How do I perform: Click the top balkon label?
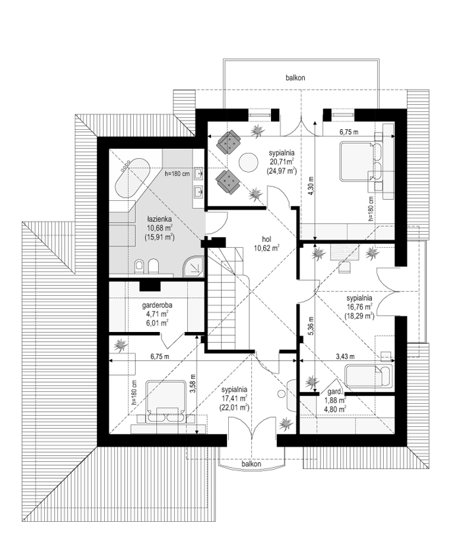(x=295, y=78)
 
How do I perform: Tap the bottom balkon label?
(x=251, y=464)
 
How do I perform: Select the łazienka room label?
(x=159, y=219)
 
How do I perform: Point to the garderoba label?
(x=157, y=305)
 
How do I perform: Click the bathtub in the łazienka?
(x=131, y=179)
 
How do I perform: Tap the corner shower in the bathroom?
(x=193, y=266)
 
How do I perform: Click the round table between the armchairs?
(x=248, y=163)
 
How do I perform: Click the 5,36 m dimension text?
(x=311, y=325)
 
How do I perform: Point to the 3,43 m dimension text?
(x=345, y=356)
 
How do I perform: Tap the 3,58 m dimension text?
(x=193, y=383)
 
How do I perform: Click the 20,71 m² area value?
(x=282, y=161)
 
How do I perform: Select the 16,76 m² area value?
(x=359, y=306)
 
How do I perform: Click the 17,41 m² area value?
(x=234, y=398)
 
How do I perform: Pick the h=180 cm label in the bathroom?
(x=177, y=174)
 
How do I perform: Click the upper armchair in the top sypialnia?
(x=228, y=142)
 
